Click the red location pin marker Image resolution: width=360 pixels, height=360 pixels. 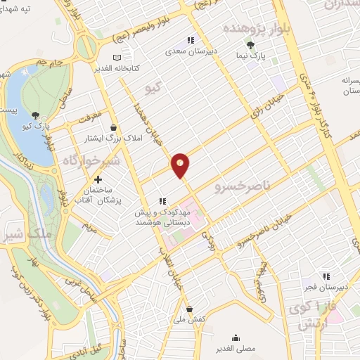pyautogui.click(x=180, y=165)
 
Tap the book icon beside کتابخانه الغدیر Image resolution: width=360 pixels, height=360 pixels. pyautogui.click(x=117, y=57)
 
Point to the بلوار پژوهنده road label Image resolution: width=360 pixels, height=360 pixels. pyautogui.click(x=248, y=27)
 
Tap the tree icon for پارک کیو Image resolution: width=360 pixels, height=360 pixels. pyautogui.click(x=36, y=115)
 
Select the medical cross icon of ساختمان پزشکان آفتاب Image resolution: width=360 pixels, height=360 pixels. pyautogui.click(x=97, y=180)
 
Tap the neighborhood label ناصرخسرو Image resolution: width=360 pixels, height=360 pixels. pyautogui.click(x=242, y=186)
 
